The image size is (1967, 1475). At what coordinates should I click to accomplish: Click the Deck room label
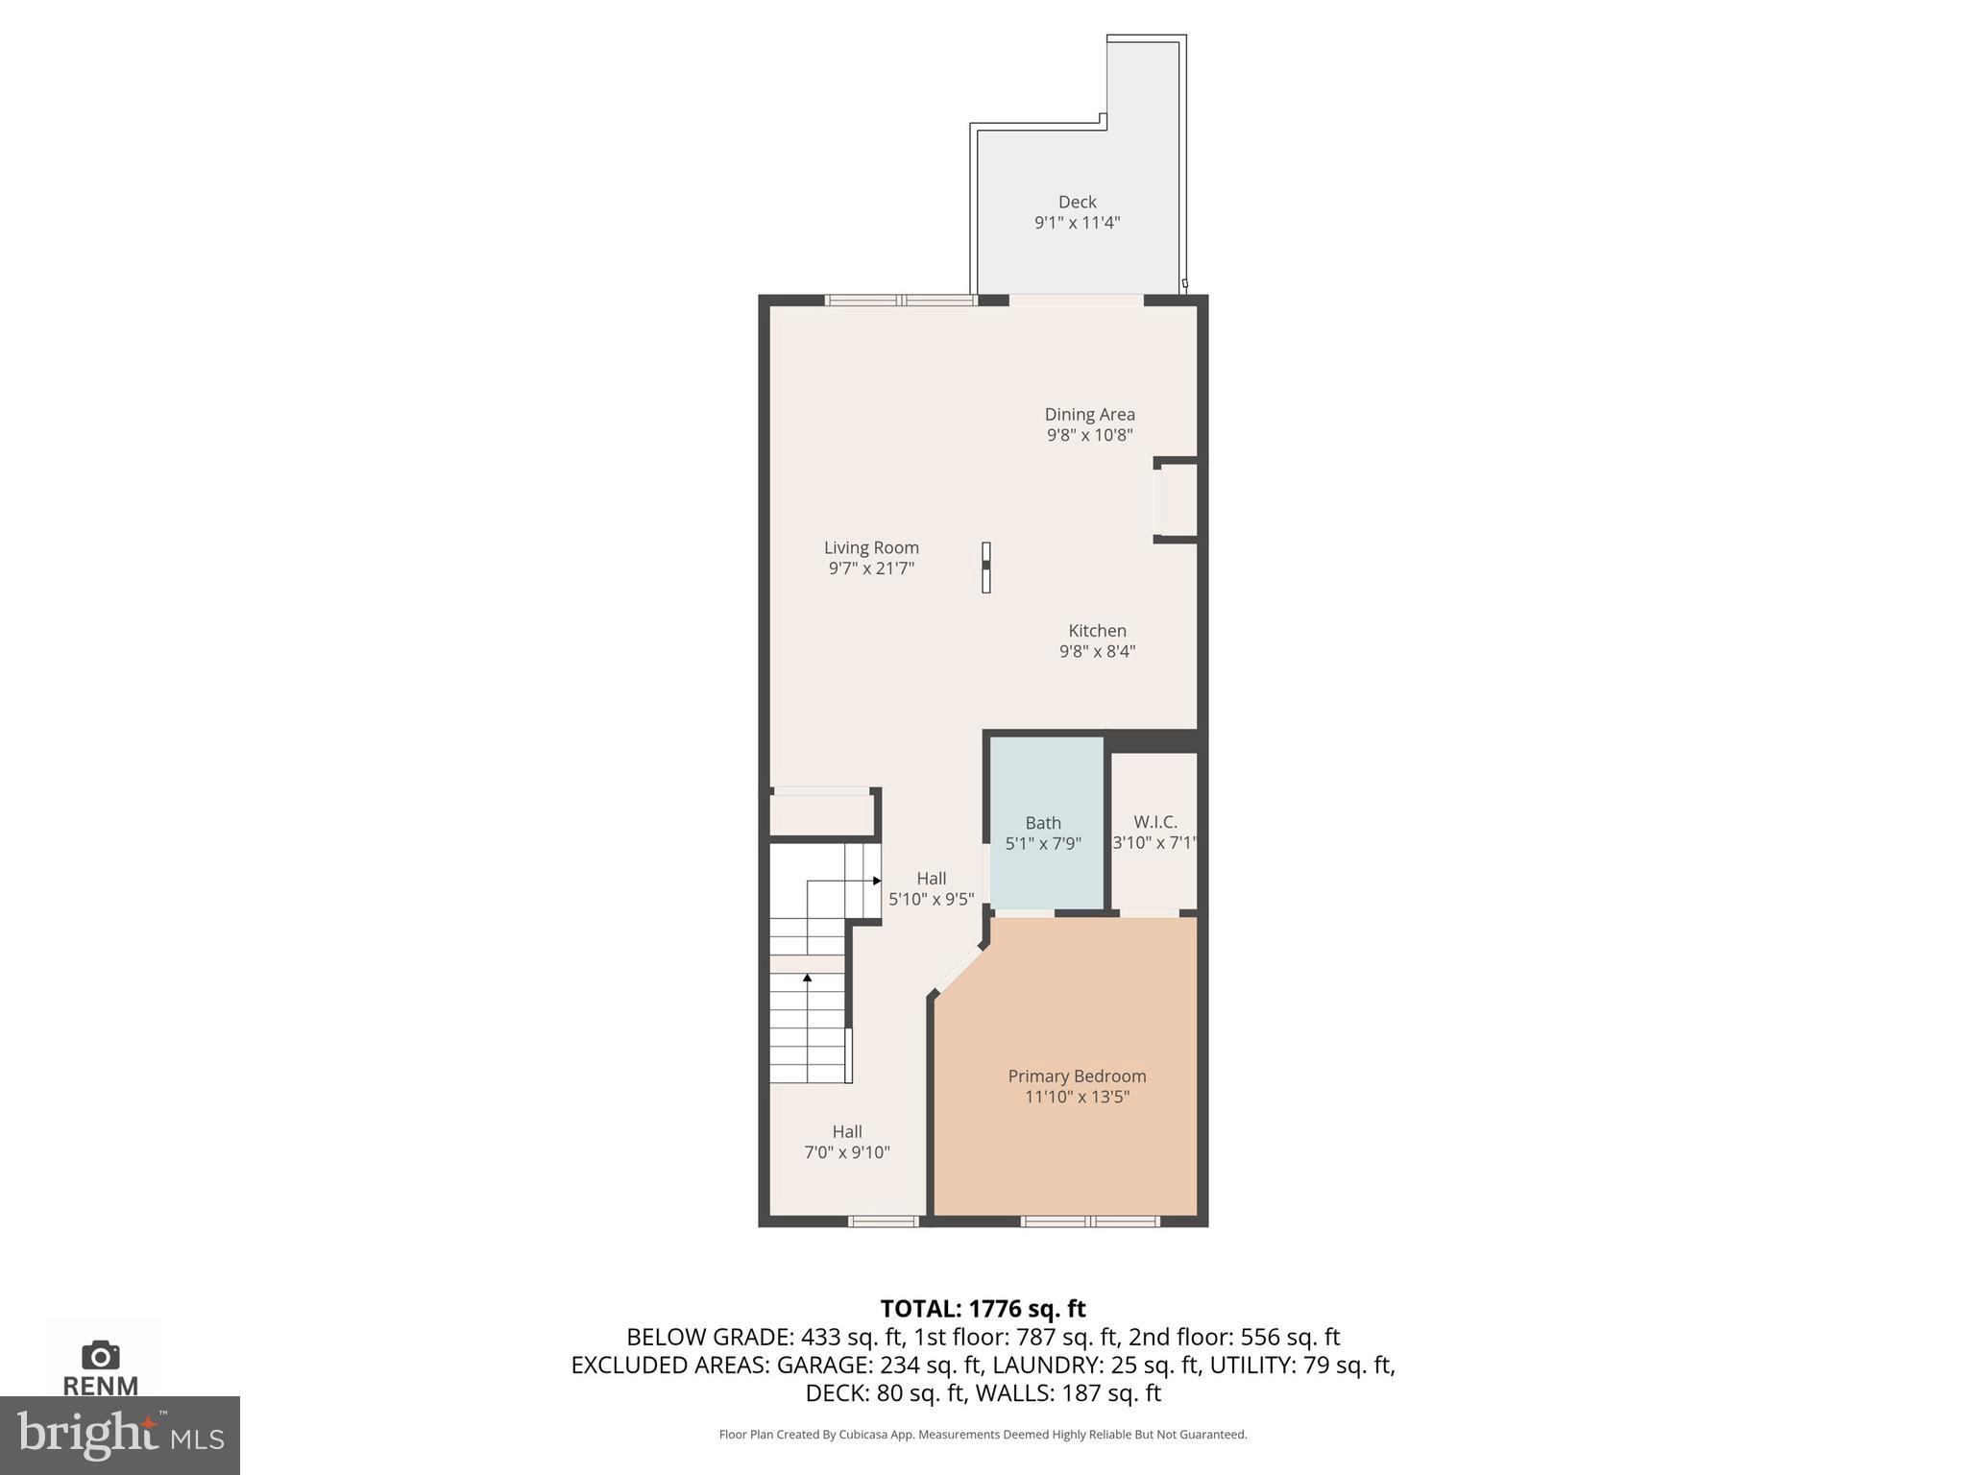(1077, 202)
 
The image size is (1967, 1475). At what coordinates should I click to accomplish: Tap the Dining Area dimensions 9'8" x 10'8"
(1089, 435)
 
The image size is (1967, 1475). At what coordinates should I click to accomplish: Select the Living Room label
(871, 547)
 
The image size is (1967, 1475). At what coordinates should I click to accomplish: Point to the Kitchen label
(1097, 631)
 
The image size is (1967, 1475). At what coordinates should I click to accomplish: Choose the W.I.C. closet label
(1154, 822)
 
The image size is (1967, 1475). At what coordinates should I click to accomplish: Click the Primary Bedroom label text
(1077, 1076)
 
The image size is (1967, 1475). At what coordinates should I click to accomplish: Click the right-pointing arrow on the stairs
(876, 881)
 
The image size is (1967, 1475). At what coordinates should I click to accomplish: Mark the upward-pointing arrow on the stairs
(808, 979)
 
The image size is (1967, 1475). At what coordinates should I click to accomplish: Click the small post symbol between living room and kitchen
(985, 568)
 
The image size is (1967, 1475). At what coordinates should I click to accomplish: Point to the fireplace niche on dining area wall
(1177, 500)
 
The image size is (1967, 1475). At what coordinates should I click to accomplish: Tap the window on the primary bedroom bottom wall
(1090, 1221)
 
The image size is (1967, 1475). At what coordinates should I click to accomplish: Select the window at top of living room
(901, 301)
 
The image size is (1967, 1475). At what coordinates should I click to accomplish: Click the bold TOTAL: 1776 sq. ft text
(983, 1309)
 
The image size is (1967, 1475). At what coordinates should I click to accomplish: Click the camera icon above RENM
(101, 1356)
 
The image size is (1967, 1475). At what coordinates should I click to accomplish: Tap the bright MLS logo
(120, 1435)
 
